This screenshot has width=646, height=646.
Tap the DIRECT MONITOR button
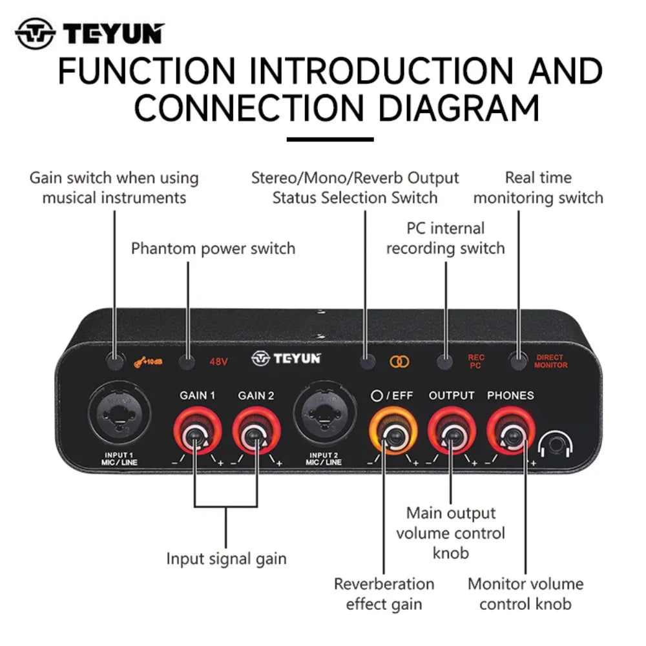click(517, 361)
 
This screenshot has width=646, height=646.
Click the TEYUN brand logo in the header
click(90, 34)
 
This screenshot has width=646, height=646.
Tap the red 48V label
click(218, 362)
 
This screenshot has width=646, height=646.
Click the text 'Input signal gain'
click(226, 558)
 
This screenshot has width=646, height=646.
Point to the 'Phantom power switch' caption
click(213, 249)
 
